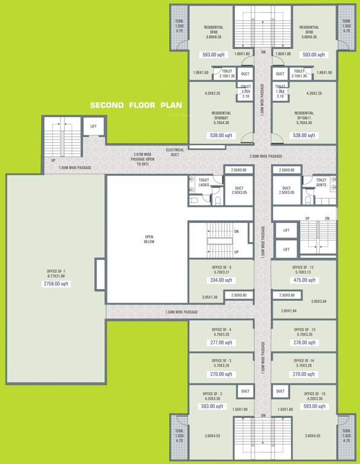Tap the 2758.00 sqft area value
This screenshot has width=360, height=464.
click(x=56, y=283)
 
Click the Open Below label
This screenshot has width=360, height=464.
click(x=149, y=239)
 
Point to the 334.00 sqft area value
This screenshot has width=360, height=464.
click(x=221, y=280)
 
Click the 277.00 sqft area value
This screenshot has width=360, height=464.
click(x=221, y=343)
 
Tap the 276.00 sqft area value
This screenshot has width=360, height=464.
click(x=304, y=343)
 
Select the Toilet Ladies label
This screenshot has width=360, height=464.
click(x=204, y=182)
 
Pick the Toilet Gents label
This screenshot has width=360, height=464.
click(x=321, y=182)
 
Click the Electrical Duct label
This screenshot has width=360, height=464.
click(x=175, y=152)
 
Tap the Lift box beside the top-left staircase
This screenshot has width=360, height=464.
click(x=93, y=126)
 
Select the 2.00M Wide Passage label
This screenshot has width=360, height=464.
click(x=266, y=156)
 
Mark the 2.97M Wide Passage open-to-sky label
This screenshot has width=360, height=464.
click(x=143, y=159)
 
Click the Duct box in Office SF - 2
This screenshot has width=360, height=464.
click(x=245, y=391)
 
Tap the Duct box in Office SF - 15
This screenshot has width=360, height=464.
click(x=280, y=391)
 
